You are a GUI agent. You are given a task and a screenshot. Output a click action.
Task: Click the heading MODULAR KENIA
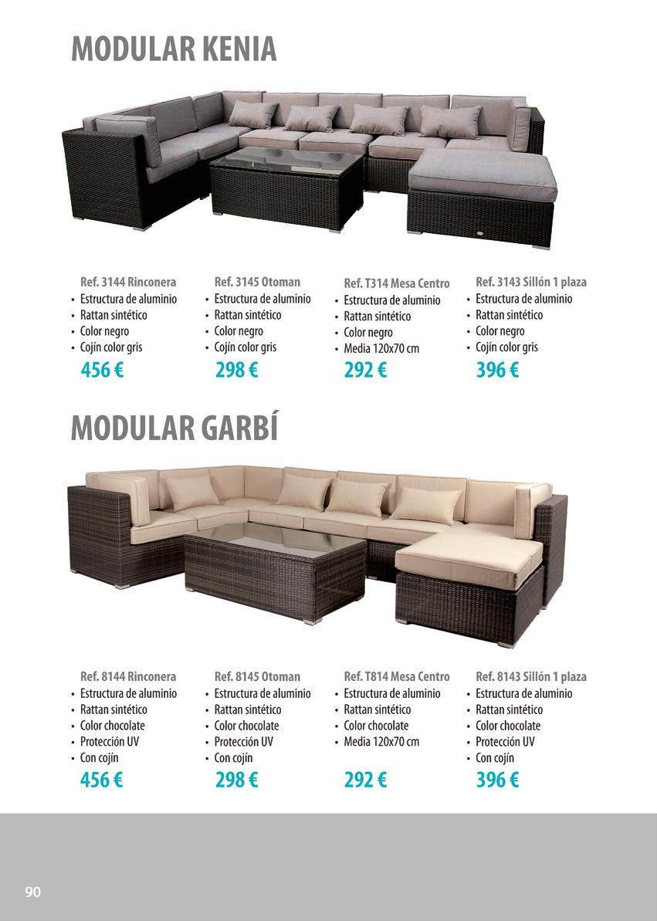tap(174, 49)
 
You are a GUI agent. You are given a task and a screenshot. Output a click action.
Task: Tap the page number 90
tap(33, 892)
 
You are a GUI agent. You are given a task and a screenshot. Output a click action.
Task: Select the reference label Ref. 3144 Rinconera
tap(128, 282)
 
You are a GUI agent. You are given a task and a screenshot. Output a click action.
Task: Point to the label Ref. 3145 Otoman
tap(257, 282)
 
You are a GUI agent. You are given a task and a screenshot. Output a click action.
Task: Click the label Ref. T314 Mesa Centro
tap(396, 283)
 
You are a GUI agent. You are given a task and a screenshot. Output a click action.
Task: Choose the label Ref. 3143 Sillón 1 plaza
tap(531, 282)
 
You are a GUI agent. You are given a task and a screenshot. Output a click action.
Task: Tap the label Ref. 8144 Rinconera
tap(128, 676)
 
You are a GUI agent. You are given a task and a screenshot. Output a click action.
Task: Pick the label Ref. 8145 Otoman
tap(257, 676)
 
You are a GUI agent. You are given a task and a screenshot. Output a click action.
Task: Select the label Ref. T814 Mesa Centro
tap(396, 676)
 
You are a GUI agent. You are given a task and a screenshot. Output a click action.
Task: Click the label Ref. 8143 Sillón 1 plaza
tap(531, 676)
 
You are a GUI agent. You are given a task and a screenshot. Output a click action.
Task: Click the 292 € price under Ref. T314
tap(365, 371)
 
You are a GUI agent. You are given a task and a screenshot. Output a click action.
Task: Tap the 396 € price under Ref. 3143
tap(497, 371)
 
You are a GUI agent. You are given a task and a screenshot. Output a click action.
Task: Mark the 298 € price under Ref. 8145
tap(236, 780)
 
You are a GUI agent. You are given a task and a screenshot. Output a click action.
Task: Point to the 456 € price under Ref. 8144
tap(102, 780)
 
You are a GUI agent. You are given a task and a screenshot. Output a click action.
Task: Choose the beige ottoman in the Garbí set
tap(471, 583)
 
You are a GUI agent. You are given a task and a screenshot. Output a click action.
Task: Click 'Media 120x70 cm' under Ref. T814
tap(381, 742)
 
